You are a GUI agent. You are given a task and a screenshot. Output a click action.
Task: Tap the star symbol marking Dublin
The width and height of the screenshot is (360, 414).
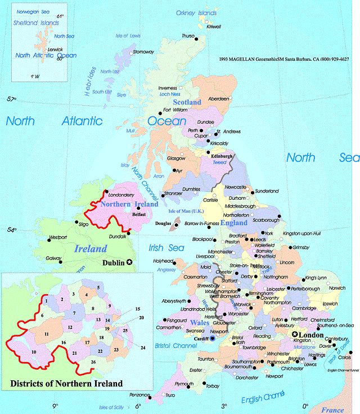point(130,262)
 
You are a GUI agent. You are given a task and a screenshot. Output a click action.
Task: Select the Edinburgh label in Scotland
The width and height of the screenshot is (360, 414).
point(222,156)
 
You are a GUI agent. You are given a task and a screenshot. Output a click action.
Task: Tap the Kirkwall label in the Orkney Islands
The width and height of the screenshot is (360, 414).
point(214,26)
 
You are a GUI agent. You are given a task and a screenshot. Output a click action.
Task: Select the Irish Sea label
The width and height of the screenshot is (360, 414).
point(163,248)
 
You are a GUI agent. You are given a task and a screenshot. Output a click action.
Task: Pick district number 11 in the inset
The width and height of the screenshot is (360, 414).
point(47,334)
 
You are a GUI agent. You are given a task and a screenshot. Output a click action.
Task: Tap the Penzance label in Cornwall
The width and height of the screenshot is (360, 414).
point(139,395)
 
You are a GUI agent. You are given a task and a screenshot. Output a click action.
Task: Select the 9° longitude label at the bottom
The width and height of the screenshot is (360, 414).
point(55,406)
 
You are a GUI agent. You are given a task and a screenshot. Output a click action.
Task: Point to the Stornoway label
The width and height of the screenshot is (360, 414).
point(143,52)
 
